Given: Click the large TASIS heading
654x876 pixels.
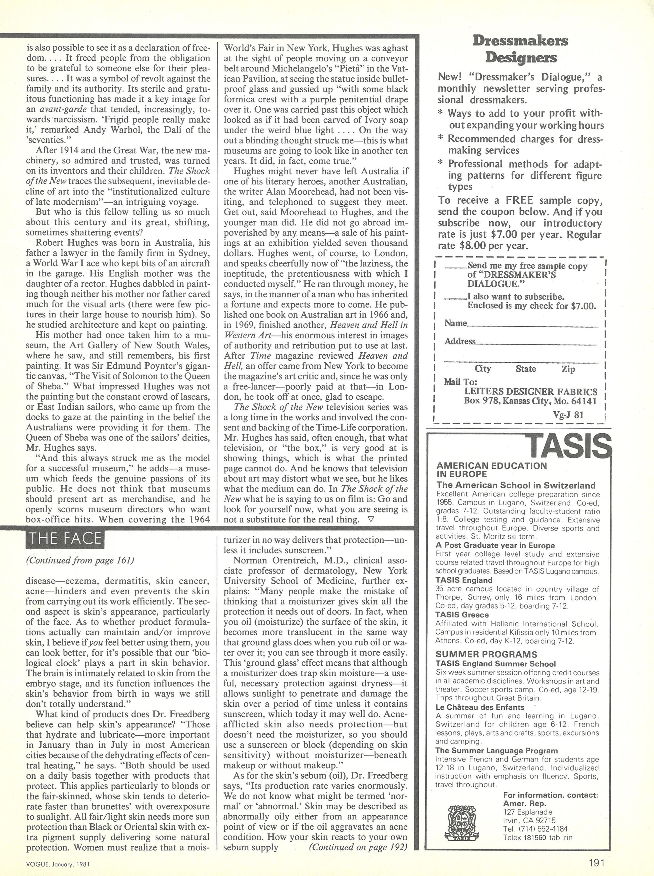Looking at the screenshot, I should [569, 446].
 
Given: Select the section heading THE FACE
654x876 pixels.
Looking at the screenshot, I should [64, 539].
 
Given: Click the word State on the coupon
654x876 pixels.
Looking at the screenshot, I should [526, 369].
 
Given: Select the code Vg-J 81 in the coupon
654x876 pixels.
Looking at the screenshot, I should [568, 415].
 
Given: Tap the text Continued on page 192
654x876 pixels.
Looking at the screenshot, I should [358, 844].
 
